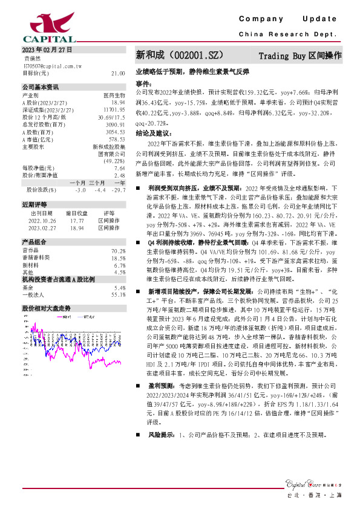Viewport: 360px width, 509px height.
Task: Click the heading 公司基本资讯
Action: pyautogui.click(x=41, y=87)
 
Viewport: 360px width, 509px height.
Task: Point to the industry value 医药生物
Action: pyautogui.click(x=114, y=96)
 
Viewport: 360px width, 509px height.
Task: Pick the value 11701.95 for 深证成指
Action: pyautogui.click(x=114, y=109)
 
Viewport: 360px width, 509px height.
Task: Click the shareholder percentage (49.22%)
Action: pyautogui.click(x=114, y=161)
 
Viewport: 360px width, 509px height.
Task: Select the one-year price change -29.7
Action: pyautogui.click(x=119, y=190)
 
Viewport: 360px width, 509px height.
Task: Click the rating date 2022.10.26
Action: pyautogui.click(x=42, y=221)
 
